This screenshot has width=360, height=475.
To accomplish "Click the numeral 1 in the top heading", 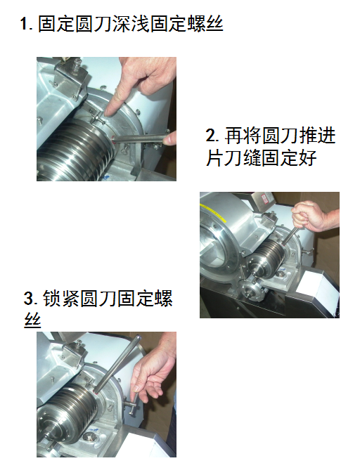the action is pyautogui.click(x=23, y=24).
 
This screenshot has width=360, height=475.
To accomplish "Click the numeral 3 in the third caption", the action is pyautogui.click(x=29, y=299).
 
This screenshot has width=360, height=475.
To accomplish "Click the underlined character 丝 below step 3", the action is pyautogui.click(x=32, y=320).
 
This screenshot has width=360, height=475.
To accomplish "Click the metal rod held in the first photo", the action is pyautogui.click(x=140, y=139).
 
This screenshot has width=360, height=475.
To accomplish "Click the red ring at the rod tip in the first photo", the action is pyautogui.click(x=113, y=140).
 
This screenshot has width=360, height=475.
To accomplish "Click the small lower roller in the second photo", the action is pyautogui.click(x=251, y=290).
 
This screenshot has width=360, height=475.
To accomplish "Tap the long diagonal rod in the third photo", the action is pyautogui.click(x=117, y=363).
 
